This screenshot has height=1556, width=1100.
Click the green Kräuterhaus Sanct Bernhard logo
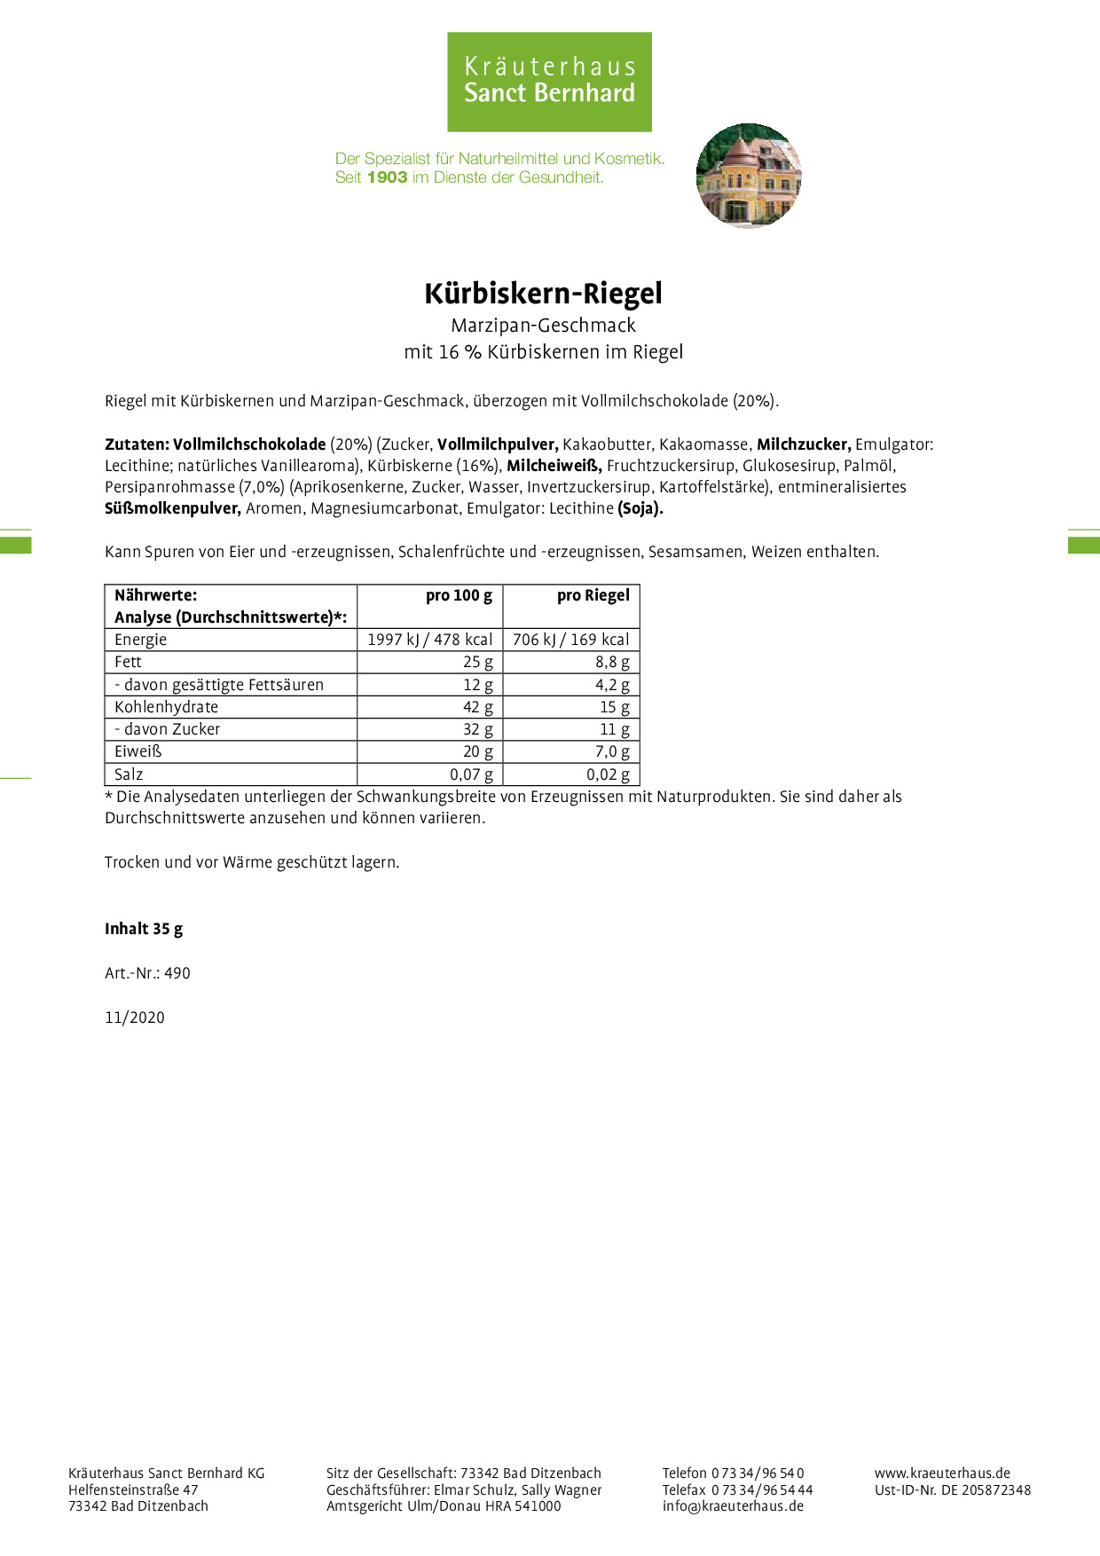(549, 82)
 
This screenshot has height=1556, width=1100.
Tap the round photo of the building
(749, 176)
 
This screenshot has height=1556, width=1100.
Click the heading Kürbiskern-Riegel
(543, 294)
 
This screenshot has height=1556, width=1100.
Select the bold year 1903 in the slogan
(387, 177)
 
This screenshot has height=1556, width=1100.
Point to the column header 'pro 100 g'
(459, 595)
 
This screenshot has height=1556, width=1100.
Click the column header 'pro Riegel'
(593, 595)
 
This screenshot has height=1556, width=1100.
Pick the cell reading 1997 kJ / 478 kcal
(430, 640)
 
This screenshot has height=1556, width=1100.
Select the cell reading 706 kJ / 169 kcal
(571, 640)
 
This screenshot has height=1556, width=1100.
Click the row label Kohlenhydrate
(166, 707)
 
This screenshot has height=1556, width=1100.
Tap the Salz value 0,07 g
(471, 774)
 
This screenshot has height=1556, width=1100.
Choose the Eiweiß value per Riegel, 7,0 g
(612, 751)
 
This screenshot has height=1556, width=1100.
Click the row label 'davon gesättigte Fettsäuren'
(219, 685)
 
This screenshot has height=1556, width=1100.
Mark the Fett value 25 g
(477, 662)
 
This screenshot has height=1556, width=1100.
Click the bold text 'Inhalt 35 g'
(144, 929)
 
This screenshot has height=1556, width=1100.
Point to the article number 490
(177, 973)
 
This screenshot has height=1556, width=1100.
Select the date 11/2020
(135, 1018)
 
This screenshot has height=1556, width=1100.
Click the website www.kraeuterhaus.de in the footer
(942, 1473)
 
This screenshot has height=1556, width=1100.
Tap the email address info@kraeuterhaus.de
(733, 1505)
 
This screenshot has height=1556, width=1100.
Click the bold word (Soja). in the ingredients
(640, 508)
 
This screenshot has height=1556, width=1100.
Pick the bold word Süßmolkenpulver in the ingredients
(173, 508)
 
